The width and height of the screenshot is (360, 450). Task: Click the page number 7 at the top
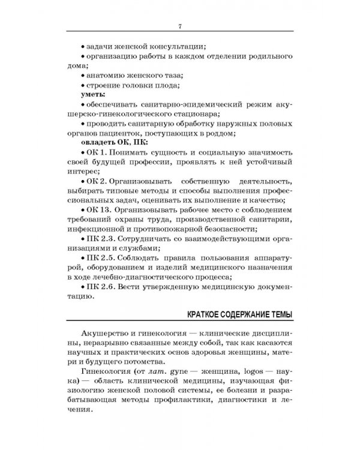click(180, 25)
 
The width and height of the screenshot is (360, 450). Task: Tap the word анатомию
click(110, 76)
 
